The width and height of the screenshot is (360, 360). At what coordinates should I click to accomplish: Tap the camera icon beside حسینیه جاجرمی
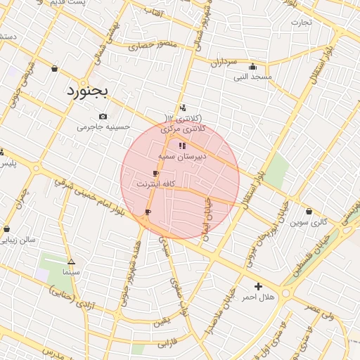(103, 116)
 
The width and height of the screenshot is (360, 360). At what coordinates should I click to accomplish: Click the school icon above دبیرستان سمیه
(182, 146)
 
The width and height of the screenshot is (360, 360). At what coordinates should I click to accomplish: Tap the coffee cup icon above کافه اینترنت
(155, 173)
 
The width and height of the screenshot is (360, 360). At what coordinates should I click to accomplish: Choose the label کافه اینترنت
(155, 184)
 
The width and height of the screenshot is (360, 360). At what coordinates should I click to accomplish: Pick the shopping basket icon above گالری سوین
(309, 211)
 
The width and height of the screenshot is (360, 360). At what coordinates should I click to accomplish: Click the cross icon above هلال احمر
(258, 286)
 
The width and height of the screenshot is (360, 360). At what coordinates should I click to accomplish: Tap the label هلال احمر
(258, 297)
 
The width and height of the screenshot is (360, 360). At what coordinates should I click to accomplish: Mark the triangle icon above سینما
(71, 261)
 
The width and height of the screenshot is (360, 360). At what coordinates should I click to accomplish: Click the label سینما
(72, 271)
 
